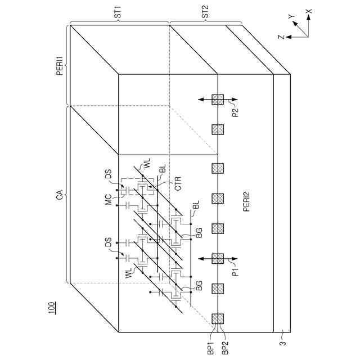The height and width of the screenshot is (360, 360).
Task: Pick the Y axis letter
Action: coord(291,17)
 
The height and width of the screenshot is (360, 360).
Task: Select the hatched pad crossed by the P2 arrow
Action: coord(217,100)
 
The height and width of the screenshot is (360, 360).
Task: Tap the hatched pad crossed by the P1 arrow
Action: coord(217,258)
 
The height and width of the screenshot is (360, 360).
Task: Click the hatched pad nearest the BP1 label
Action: coord(217,319)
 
